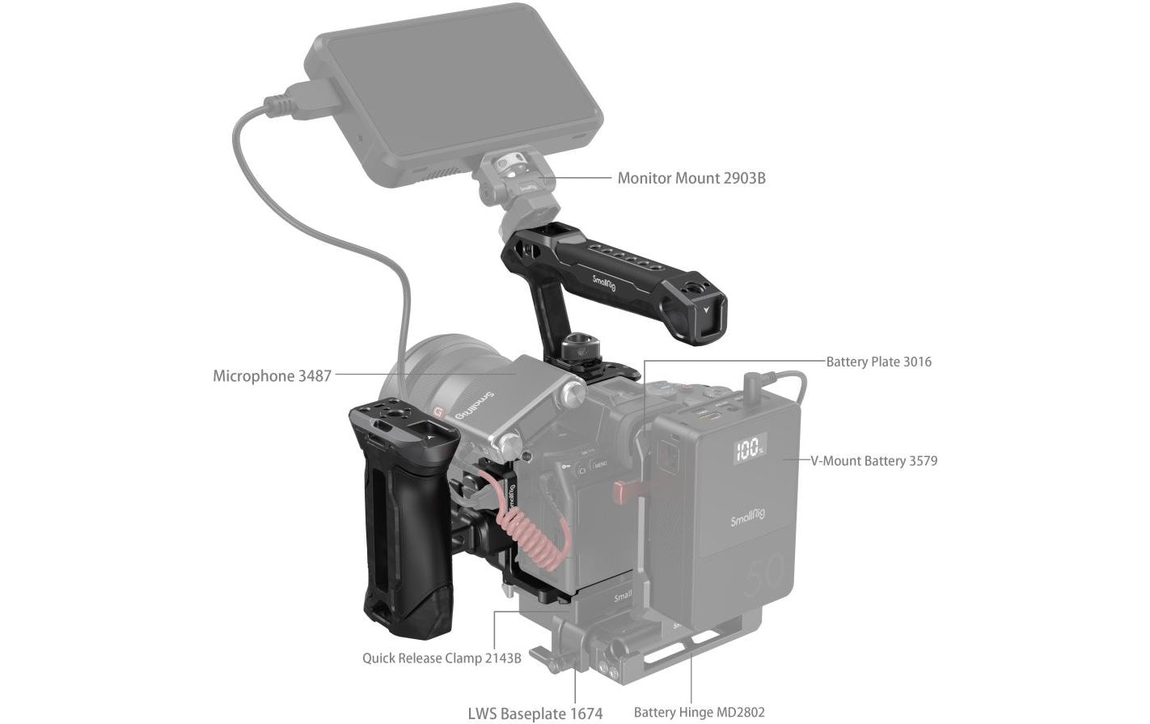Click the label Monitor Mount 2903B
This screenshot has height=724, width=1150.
point(691,178)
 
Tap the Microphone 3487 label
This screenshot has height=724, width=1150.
point(272,376)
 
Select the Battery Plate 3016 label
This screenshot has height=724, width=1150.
point(878,362)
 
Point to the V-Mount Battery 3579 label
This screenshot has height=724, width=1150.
point(873,460)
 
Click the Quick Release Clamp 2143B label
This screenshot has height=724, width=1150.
point(442,658)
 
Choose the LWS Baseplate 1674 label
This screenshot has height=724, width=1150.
point(535,713)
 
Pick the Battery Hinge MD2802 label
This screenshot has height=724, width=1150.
point(700,712)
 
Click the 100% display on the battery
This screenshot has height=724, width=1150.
point(750,449)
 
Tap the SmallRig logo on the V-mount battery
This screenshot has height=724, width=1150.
point(747,519)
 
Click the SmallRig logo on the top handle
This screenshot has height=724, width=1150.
point(604,283)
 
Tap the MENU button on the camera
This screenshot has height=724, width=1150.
point(600,464)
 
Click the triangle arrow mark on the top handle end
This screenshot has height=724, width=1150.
point(708,310)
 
